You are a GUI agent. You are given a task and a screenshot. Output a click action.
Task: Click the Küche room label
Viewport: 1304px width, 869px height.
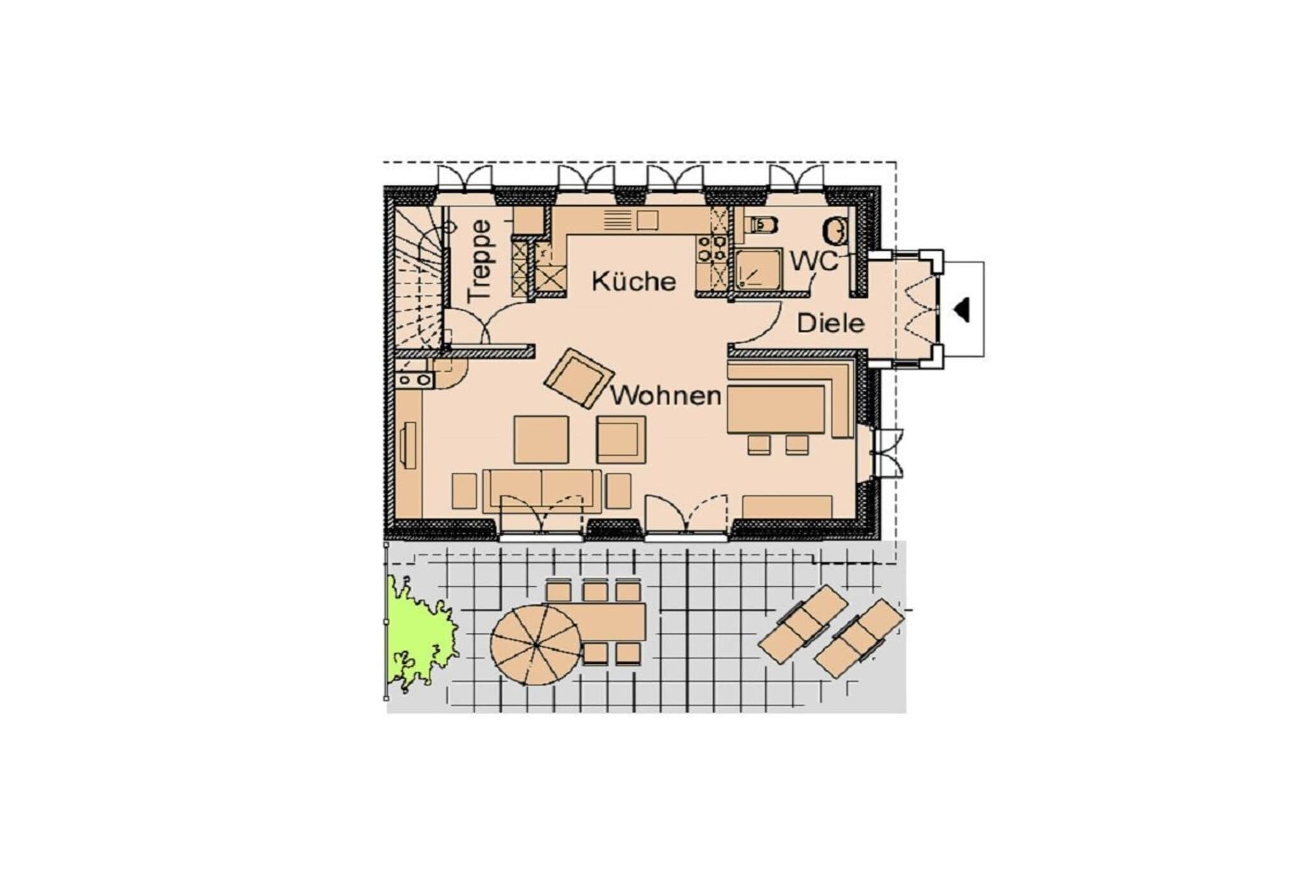coord(634,281)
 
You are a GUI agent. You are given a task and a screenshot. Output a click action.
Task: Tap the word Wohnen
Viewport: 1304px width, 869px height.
coord(666,395)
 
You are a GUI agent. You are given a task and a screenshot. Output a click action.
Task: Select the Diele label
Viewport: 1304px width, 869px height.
coord(831,323)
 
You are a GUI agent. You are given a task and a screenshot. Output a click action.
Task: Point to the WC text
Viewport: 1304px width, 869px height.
coord(814,261)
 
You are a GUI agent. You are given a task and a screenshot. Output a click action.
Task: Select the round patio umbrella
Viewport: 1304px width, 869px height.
coord(535,644)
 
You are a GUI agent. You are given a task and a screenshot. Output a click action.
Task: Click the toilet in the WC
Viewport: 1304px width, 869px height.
coord(763,224)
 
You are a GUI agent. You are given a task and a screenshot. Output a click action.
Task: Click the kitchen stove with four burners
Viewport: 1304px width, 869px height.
coord(712,248)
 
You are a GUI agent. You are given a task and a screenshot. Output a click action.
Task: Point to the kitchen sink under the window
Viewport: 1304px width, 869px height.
coord(647,220)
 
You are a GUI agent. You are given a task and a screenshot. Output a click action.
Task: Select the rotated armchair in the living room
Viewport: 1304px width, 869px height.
coord(579,378)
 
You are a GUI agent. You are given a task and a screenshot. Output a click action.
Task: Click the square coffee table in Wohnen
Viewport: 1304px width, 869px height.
coord(541,439)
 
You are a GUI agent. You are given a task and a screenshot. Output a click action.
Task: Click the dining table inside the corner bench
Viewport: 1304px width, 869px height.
coord(776,409)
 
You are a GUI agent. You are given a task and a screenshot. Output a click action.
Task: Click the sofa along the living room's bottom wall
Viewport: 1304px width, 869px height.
coord(542,490)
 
